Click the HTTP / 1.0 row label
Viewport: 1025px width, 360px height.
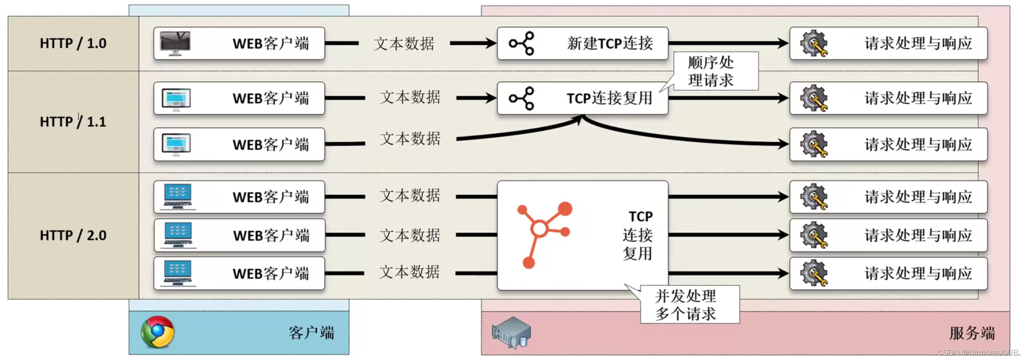point(73,43)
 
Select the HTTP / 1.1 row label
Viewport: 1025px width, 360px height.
point(73,122)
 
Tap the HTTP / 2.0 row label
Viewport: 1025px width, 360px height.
point(73,235)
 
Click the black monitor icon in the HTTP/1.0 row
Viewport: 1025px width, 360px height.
point(175,43)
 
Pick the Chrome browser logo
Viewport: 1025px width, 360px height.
point(158,332)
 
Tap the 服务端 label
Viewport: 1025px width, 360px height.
point(972,333)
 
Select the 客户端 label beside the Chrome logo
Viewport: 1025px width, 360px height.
point(311,333)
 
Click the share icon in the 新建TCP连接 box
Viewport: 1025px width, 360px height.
point(522,43)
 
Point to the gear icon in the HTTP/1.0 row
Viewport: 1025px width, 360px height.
point(814,43)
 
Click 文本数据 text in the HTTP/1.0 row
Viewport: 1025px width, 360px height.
point(404,43)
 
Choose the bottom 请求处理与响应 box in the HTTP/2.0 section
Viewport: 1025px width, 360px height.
point(888,273)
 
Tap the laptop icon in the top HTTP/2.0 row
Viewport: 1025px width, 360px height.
point(178,197)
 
